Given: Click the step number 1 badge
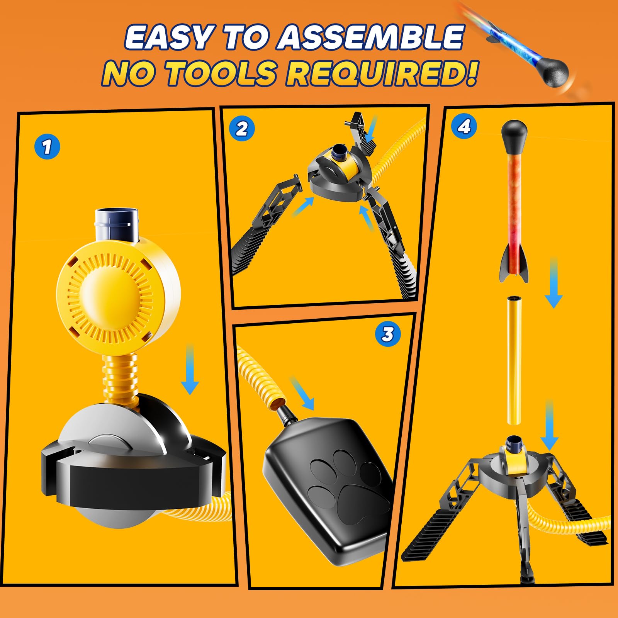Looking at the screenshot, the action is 47,146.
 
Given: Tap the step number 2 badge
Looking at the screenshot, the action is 242,128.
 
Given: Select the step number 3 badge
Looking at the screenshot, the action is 388,334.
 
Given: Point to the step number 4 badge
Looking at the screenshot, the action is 464,126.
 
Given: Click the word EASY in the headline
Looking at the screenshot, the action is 168,38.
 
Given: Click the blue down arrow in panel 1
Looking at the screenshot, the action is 190,369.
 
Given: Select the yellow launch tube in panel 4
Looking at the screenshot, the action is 513,360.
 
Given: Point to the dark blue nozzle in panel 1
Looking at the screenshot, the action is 116,224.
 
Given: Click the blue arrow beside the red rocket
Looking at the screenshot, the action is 553,283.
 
